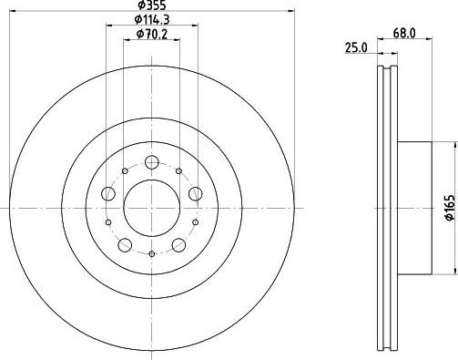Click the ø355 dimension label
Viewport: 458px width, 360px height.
(152, 5)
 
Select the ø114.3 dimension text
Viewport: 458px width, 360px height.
(152, 19)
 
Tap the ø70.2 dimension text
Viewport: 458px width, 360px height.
(152, 34)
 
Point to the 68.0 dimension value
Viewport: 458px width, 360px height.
(404, 33)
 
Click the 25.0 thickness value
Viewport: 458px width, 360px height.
(356, 47)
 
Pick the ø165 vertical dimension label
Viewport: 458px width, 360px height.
(450, 208)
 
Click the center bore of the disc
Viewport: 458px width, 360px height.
(152, 208)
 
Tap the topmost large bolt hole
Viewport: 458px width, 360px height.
(152, 162)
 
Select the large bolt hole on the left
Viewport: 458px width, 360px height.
(108, 193)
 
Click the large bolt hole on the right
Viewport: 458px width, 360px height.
(195, 193)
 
